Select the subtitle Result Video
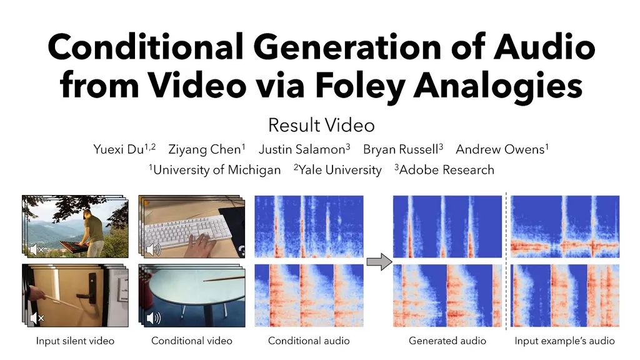321,125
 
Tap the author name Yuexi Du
118,149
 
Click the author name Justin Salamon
302,149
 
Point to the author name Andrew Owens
500,149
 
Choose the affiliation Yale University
340,170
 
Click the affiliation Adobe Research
446,170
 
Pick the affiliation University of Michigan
217,170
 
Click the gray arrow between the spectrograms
379,262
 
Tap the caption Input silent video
75,341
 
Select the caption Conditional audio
309,341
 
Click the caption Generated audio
447,341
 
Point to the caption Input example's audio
564,341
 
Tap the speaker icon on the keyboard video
154,249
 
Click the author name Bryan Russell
401,149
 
